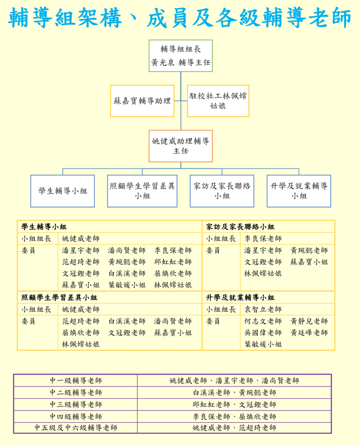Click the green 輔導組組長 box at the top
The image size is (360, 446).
tap(181, 55)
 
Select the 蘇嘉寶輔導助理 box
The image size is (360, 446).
tap(142, 101)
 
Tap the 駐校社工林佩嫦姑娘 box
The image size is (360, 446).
tap(218, 101)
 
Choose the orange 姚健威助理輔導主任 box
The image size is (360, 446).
tap(181, 146)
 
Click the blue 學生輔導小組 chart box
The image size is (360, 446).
tap(63, 191)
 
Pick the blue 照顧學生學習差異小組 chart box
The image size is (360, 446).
tap(142, 191)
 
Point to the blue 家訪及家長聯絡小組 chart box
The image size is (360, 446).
tap(222, 191)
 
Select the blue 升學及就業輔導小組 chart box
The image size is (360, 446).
tap(299, 191)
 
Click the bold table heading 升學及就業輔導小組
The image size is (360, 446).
tap(240, 298)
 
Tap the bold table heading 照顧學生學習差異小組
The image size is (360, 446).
tap(59, 298)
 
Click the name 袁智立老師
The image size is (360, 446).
tap(263, 309)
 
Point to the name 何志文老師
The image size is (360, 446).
tap(263, 321)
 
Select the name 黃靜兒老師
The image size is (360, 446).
tap(309, 321)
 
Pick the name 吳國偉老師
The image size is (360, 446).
tap(263, 332)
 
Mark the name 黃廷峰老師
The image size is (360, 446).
tap(309, 332)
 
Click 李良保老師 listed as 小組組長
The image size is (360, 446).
tap(263, 238)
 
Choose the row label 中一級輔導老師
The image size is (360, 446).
tap(76, 381)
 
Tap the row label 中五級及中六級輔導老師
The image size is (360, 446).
tap(76, 428)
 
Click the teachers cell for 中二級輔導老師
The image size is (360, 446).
tap(235, 393)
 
